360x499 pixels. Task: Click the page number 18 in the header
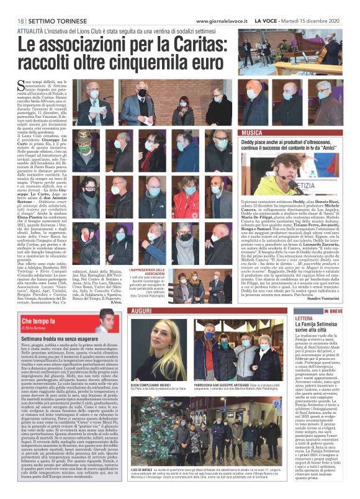tap(20, 20)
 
